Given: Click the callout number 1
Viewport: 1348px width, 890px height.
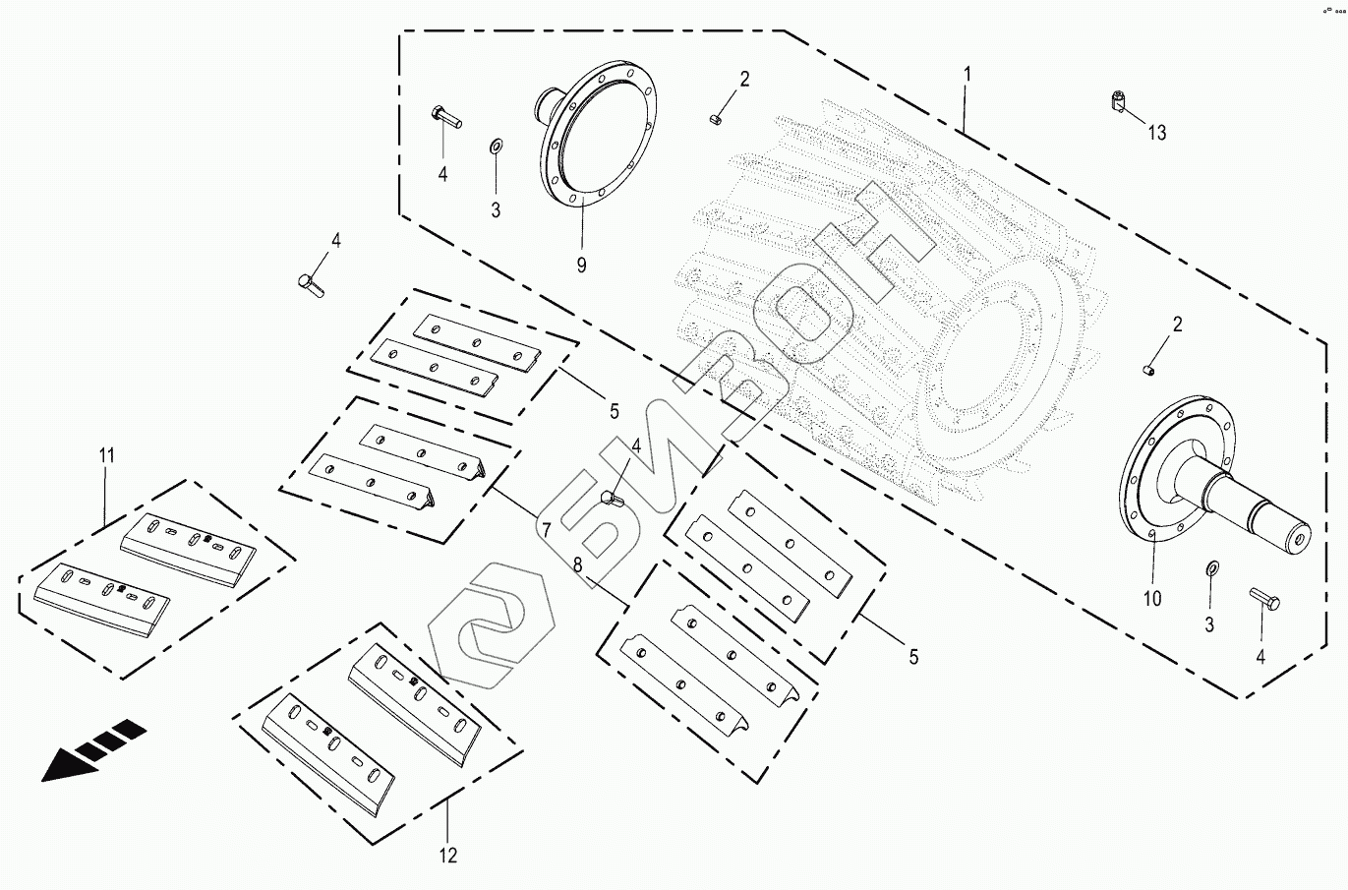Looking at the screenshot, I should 967,74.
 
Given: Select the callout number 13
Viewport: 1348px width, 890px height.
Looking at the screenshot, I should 1157,132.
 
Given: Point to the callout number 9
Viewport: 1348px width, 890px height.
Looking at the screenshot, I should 581,266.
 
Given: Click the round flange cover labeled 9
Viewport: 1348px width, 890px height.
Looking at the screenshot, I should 600,133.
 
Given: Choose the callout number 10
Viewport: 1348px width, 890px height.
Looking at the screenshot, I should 1151,597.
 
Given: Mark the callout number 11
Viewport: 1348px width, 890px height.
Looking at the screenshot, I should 106,454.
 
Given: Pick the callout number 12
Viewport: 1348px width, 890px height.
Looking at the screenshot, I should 447,855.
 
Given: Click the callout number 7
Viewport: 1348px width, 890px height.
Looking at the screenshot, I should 543,530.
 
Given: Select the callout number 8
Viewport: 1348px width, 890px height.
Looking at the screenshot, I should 577,564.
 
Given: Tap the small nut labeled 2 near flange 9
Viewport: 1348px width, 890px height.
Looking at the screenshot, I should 715,120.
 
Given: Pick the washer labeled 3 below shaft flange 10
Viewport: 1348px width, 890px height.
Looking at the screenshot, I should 1209,569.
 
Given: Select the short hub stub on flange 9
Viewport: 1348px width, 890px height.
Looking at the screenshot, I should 547,102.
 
